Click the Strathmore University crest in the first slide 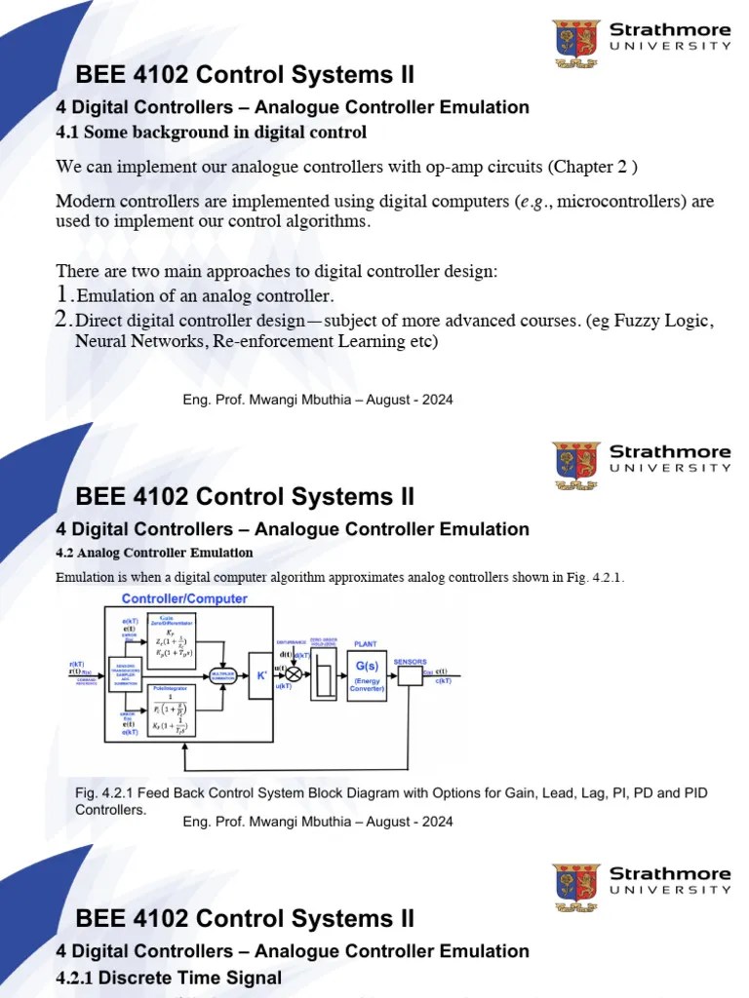point(575,41)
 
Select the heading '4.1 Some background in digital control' point(211,132)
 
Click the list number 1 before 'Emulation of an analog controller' point(63,294)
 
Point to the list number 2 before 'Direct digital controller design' point(63,320)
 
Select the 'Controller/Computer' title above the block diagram point(183,598)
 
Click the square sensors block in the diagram point(410,675)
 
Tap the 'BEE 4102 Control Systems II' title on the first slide point(245,75)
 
